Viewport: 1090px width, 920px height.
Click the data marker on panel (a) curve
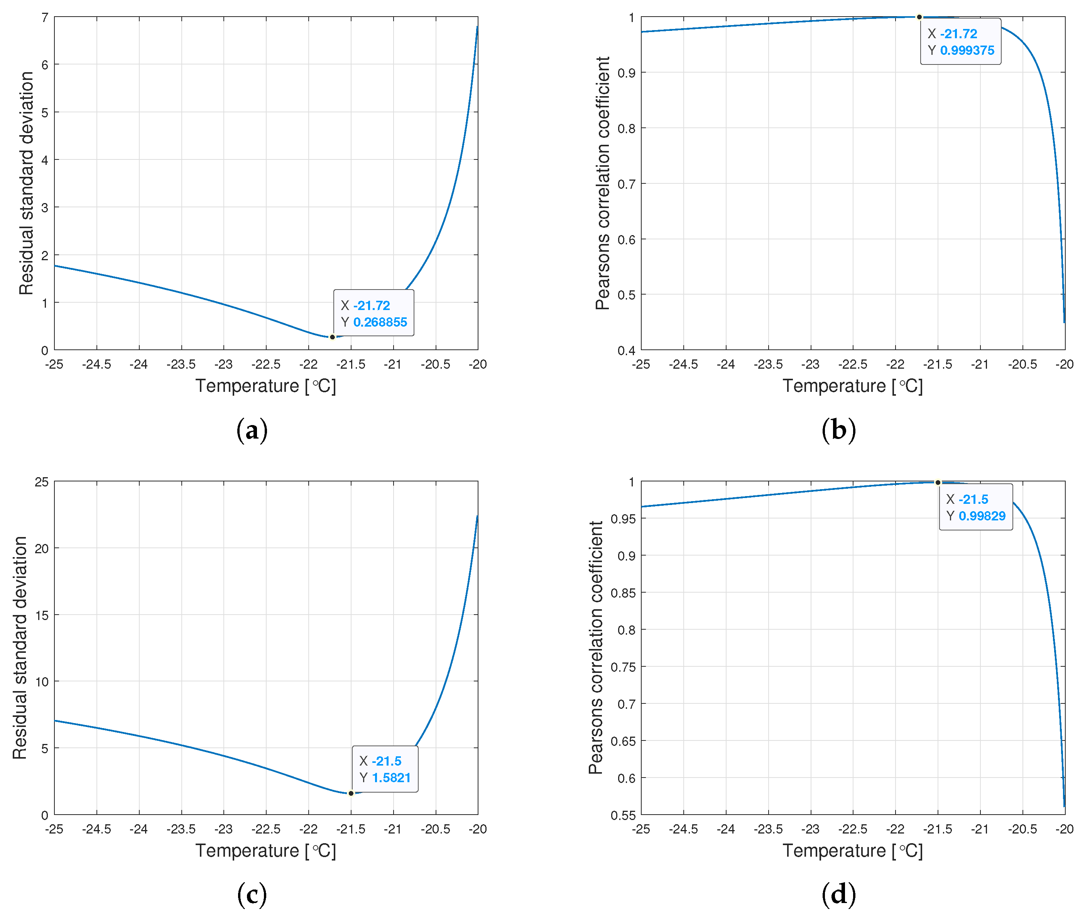[332, 337]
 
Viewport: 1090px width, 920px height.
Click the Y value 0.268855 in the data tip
[380, 322]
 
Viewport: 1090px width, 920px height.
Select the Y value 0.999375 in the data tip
[967, 51]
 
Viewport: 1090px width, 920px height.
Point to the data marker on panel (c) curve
[351, 793]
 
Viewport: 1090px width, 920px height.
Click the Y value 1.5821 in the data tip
[391, 778]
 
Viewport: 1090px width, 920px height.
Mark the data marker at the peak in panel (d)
[938, 483]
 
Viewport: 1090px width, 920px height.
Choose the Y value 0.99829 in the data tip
[982, 516]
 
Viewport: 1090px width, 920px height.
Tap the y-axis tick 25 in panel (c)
[42, 482]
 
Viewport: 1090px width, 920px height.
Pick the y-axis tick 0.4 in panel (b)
[626, 351]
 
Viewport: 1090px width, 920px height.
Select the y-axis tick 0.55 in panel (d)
[624, 815]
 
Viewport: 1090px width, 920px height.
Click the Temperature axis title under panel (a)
[266, 386]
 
